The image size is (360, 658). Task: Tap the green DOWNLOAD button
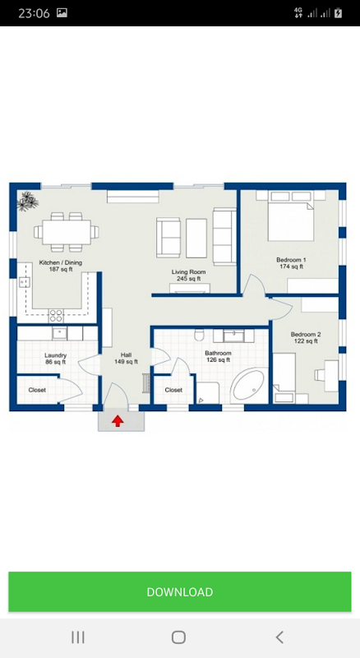click(179, 591)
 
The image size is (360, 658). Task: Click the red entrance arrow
click(118, 421)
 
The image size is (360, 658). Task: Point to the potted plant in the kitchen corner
click(28, 201)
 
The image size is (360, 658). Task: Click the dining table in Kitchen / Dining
click(67, 232)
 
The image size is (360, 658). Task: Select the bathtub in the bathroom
click(248, 385)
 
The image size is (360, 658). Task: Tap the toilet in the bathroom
click(199, 335)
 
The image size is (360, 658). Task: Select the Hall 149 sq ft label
click(126, 359)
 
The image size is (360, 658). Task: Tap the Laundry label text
click(55, 355)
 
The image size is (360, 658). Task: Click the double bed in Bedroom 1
click(291, 216)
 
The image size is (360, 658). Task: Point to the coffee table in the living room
click(196, 238)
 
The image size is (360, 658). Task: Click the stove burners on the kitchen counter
click(56, 316)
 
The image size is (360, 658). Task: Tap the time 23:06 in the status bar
click(34, 13)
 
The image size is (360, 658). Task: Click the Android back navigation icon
click(279, 637)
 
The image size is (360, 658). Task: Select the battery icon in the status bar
click(338, 13)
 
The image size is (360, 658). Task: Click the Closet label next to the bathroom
click(173, 390)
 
